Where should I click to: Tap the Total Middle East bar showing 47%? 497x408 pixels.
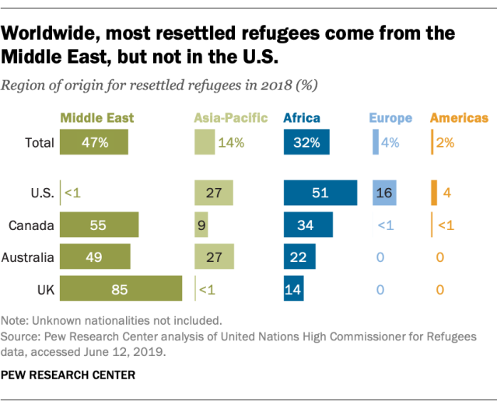94,142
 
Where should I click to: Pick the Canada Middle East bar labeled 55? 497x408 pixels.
99,225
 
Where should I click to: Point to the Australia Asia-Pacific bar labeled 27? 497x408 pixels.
213,256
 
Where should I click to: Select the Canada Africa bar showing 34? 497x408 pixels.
308,225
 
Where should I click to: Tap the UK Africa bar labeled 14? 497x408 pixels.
294,288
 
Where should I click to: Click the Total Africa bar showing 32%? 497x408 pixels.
307,142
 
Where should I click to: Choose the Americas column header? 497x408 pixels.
459,118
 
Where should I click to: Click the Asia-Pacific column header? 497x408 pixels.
230,118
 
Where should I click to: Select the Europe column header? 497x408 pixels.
390,118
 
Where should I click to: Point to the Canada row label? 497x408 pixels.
31,225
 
